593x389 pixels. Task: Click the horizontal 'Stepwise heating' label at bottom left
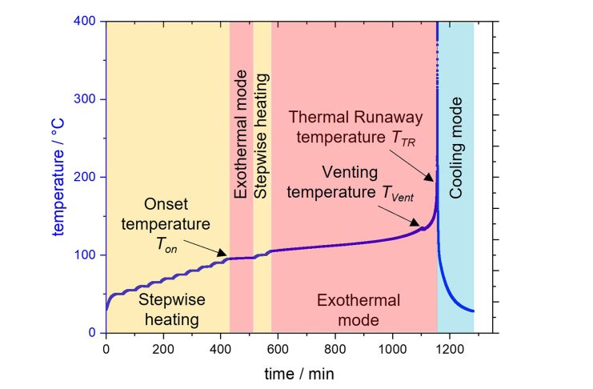[x=172, y=310]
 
